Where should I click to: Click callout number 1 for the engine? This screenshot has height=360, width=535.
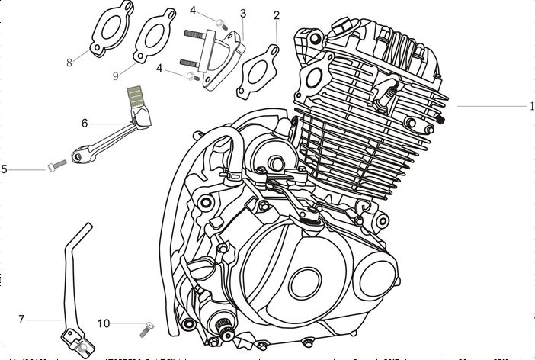[530, 107]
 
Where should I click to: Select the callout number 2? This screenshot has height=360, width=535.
[275, 15]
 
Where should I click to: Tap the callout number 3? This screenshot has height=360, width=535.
[242, 14]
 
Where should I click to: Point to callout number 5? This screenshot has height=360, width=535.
[5, 169]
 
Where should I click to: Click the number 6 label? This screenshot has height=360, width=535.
[85, 122]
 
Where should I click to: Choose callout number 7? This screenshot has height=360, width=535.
[21, 318]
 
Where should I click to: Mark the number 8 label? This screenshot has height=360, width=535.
[69, 63]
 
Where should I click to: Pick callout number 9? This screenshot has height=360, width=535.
[115, 76]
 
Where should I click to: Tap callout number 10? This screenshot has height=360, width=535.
[104, 323]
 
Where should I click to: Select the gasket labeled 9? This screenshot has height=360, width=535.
[152, 42]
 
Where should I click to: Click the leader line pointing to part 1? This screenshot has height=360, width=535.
[488, 107]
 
